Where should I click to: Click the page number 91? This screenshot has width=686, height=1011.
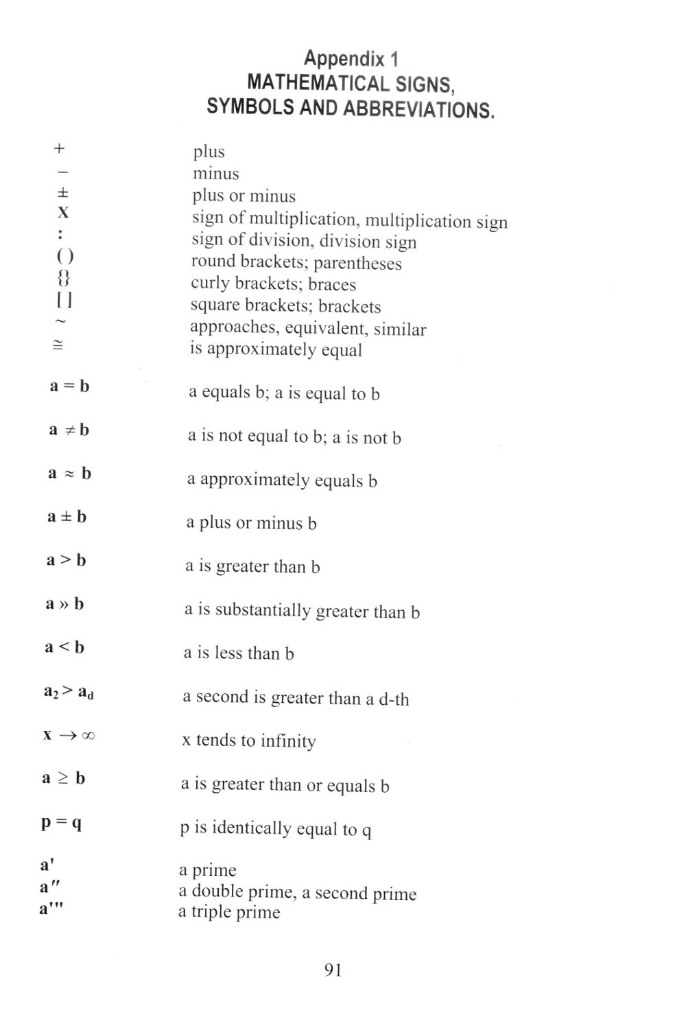[333, 970]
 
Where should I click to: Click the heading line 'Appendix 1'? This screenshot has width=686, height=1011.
[351, 58]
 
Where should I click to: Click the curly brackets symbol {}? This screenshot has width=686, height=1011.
[63, 278]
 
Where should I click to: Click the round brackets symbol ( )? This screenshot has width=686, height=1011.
[64, 256]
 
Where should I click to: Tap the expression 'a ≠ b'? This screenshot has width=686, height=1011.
[69, 430]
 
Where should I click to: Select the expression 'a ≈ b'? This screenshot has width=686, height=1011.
[69, 473]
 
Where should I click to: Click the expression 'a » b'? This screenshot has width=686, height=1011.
[64, 604]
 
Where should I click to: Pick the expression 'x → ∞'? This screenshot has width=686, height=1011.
[69, 735]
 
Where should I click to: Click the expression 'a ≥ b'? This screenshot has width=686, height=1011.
[64, 778]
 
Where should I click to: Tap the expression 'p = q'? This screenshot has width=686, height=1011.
[62, 822]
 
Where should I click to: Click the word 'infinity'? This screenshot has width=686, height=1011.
[288, 741]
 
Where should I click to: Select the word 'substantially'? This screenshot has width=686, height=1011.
[263, 610]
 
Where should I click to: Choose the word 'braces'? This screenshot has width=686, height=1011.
[332, 284]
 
